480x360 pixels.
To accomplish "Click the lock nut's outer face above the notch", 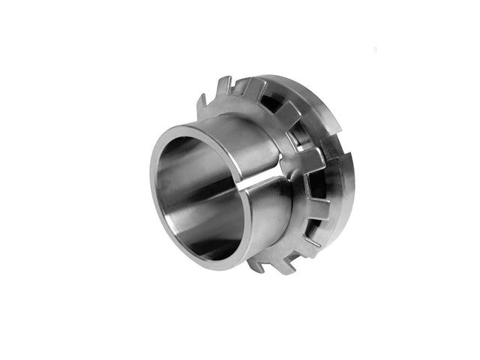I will click(x=330, y=112).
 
